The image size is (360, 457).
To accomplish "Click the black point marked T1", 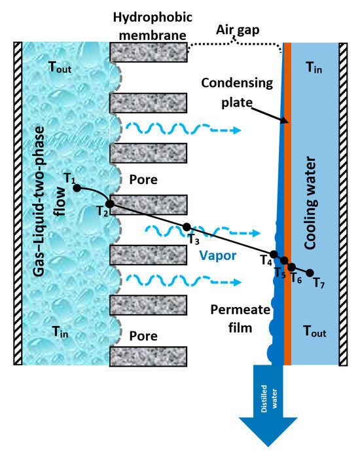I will tap(77, 188).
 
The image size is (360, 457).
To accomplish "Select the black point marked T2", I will tap(109, 204).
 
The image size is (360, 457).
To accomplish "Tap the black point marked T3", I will tap(187, 227).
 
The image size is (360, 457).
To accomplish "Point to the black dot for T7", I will tap(310, 273).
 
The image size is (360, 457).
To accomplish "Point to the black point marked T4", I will tap(274, 255).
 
